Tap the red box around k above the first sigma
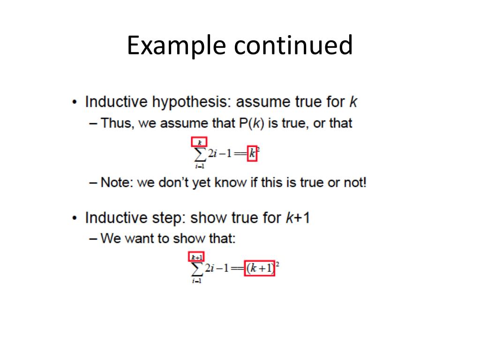199,142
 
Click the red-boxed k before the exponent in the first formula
252,154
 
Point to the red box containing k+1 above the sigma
197,257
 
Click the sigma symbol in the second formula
197,269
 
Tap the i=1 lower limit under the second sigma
197,281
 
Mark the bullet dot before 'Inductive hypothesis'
75,103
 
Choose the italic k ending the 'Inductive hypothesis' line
353,102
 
